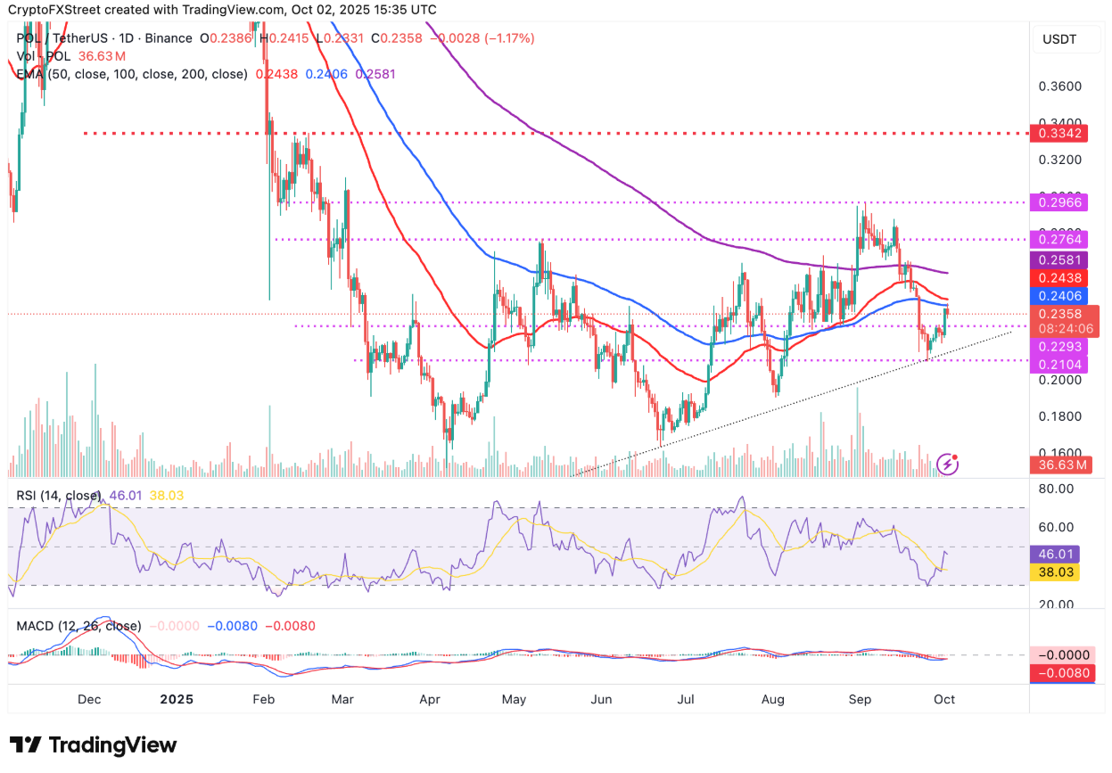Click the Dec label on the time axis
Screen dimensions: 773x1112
pyautogui.click(x=87, y=700)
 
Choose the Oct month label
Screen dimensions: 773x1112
pyautogui.click(x=944, y=700)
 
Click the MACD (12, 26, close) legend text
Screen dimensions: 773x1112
pyautogui.click(x=78, y=627)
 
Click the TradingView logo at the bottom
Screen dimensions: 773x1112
pyautogui.click(x=94, y=745)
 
